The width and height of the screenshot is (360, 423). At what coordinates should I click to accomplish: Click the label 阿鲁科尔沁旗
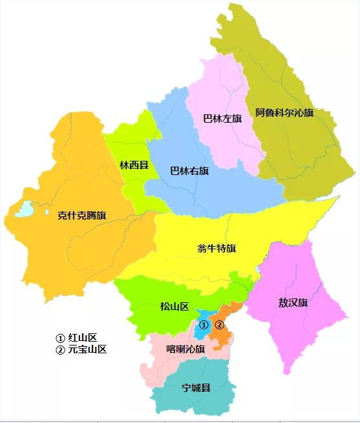point(284,113)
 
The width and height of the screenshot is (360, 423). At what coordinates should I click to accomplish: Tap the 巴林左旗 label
point(222,119)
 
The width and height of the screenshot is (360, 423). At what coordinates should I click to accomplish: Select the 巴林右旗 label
point(189,171)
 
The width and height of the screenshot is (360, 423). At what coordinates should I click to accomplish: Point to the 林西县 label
point(134,165)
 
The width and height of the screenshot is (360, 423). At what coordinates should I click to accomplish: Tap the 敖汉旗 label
point(293,302)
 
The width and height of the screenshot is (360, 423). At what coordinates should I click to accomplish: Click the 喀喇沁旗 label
point(185,349)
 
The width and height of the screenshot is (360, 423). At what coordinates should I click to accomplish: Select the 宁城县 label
point(196,388)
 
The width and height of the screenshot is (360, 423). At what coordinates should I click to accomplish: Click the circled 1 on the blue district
point(204,324)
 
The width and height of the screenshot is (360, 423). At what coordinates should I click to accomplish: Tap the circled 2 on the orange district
point(220,324)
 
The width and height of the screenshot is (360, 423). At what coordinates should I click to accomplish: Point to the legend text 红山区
point(82,338)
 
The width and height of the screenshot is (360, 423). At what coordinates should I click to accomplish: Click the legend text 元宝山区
point(87,349)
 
